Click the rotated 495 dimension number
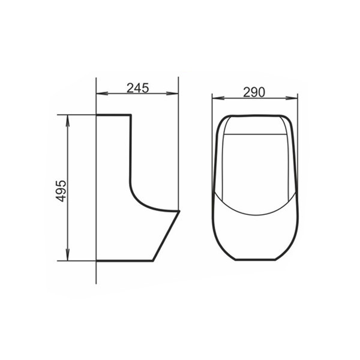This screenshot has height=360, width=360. [x=60, y=188]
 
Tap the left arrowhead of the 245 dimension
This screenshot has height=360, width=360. [x=100, y=94]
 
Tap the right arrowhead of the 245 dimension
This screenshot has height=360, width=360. [x=176, y=94]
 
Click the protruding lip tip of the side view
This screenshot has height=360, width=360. [x=179, y=211]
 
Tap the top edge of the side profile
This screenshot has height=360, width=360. [x=113, y=115]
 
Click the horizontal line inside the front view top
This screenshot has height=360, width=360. [x=255, y=134]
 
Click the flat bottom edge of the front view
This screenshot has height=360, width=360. [x=255, y=260]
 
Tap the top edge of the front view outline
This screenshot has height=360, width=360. [x=255, y=115]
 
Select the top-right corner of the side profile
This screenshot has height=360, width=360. [x=130, y=115]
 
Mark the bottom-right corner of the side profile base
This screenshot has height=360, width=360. [x=154, y=261]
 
